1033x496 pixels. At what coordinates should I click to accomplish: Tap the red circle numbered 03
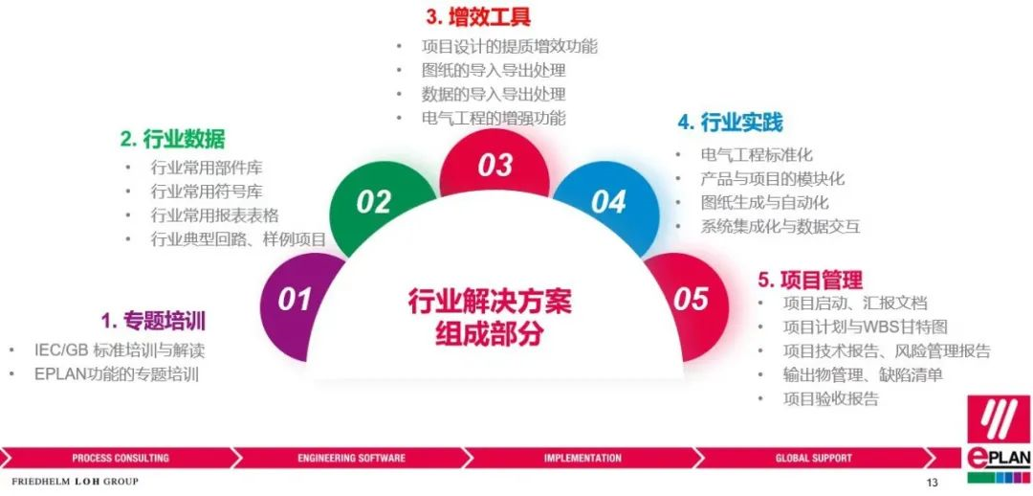pos(495,165)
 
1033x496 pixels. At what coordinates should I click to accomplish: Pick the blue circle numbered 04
pos(607,202)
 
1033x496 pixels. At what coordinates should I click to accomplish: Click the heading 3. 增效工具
pos(477,16)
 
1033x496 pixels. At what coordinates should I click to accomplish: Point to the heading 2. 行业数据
pos(172,139)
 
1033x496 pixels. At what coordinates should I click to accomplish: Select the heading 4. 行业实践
pos(730,122)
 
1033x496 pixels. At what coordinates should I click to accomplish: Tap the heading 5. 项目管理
pos(810,279)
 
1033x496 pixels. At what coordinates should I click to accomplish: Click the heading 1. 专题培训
pos(153,321)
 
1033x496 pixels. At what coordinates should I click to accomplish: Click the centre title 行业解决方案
pos(490,303)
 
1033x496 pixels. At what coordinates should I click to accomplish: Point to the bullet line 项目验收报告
pos(830,398)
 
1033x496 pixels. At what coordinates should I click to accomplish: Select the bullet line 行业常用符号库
pos(207,192)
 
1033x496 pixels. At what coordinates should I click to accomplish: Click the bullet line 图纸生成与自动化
pos(764,202)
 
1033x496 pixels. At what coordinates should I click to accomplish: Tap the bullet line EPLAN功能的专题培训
pos(117,374)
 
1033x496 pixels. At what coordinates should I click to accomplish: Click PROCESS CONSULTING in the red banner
pos(121,458)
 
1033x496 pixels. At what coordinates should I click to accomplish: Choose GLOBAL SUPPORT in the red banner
pos(814,458)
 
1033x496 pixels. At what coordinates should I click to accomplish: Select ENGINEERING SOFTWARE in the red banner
pos(351,458)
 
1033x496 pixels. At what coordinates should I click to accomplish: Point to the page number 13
pos(932,483)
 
